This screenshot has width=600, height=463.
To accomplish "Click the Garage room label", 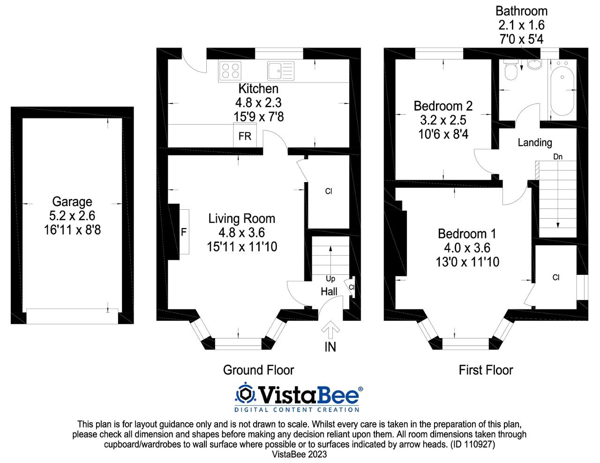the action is click(x=72, y=202).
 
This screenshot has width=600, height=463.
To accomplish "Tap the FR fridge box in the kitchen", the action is click(x=245, y=135).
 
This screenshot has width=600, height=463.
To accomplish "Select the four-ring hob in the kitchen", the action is click(x=230, y=71).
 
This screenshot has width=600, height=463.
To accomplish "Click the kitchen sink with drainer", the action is click(x=280, y=71).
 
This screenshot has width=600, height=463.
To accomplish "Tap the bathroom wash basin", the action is click(x=535, y=64).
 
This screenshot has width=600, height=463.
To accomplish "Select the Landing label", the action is click(x=535, y=143).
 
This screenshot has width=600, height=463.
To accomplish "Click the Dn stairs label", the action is click(x=558, y=157).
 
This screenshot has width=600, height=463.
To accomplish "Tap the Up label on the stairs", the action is click(x=330, y=279).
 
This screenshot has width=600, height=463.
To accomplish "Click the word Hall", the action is click(x=329, y=292).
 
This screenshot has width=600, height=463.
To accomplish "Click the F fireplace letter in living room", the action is click(x=184, y=232).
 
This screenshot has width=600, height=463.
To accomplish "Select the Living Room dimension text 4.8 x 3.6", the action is click(x=241, y=233).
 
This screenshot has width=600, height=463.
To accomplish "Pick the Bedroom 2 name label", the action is click(x=443, y=106).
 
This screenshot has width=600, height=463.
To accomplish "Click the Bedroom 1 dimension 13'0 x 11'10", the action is click(x=467, y=262).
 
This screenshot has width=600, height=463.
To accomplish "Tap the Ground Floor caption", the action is click(x=258, y=370).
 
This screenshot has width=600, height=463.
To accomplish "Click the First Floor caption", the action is click(x=486, y=370).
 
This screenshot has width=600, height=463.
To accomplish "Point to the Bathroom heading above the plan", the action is click(x=522, y=11).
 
